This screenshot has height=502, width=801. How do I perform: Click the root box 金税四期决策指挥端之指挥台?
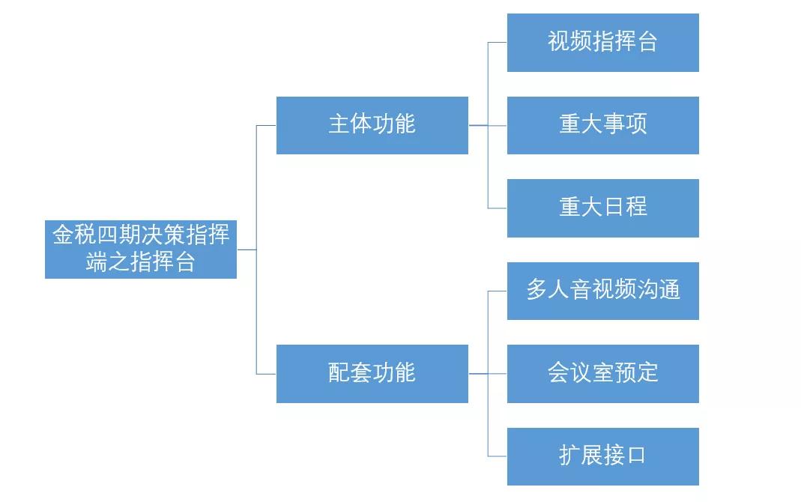pyautogui.click(x=141, y=250)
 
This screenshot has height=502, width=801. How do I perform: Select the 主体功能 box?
pyautogui.click(x=372, y=125)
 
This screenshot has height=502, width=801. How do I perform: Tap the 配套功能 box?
pyautogui.click(x=372, y=373)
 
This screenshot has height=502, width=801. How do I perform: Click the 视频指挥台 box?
pyautogui.click(x=602, y=43)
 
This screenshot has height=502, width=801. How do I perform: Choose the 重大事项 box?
pyautogui.click(x=602, y=125)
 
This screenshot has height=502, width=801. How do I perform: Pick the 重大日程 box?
pyautogui.click(x=602, y=208)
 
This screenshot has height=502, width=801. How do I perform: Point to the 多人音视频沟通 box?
pyautogui.click(x=602, y=291)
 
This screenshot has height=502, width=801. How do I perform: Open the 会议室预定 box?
pyautogui.click(x=602, y=373)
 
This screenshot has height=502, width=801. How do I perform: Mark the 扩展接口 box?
pyautogui.click(x=602, y=456)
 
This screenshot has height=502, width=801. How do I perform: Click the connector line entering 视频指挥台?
pyautogui.click(x=498, y=43)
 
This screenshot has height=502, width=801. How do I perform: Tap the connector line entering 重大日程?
pyautogui.click(x=498, y=208)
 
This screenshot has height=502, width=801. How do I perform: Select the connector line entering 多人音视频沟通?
pyautogui.click(x=498, y=291)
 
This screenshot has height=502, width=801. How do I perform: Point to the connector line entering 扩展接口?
pyautogui.click(x=498, y=456)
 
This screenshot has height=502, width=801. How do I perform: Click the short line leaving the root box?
pyautogui.click(x=247, y=250)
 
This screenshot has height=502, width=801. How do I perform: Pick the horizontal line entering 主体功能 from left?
pyautogui.click(x=266, y=125)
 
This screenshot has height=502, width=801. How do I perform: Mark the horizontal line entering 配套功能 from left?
pyautogui.click(x=266, y=373)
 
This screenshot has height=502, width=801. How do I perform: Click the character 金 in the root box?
pyautogui.click(x=62, y=236)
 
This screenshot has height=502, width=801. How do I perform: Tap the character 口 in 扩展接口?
pyautogui.click(x=636, y=456)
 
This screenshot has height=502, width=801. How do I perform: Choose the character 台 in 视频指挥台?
pyautogui.click(x=647, y=42)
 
